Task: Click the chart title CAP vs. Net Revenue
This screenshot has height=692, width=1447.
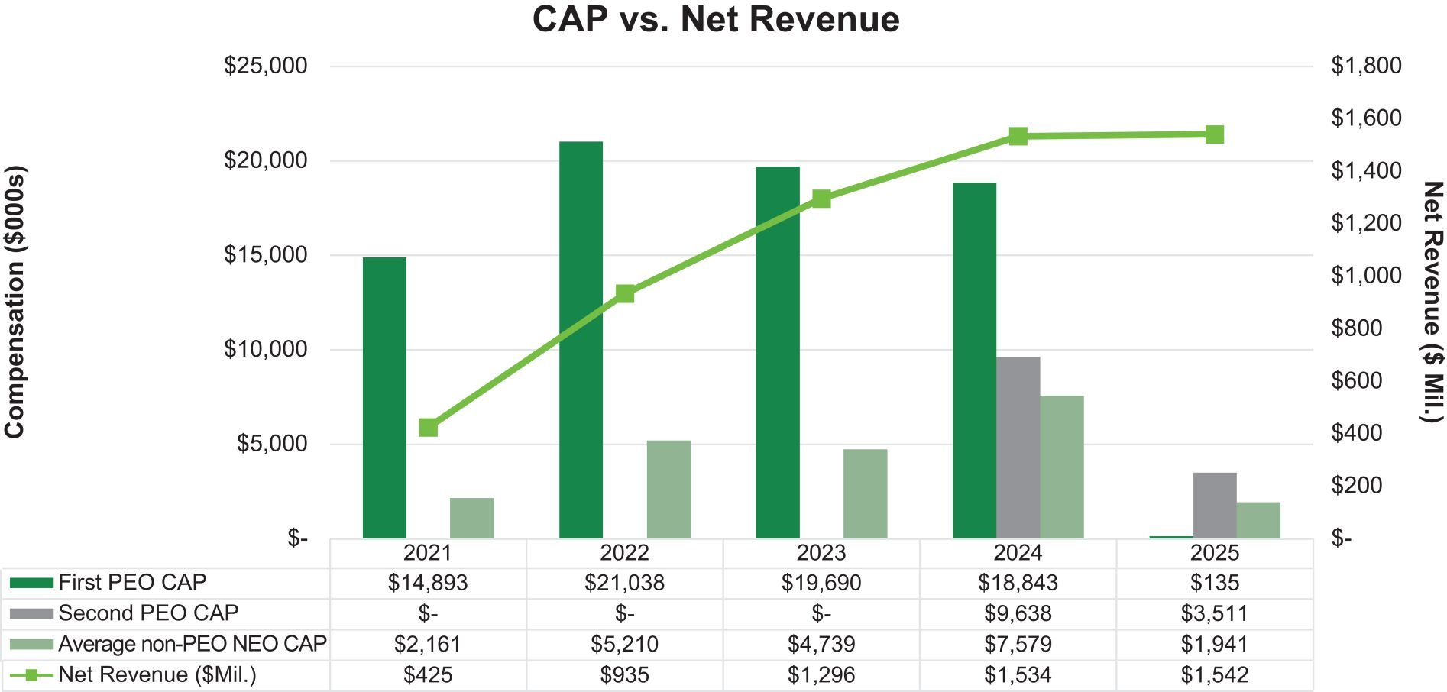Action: pos(716,20)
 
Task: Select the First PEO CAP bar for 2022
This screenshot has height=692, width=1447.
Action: pos(581,340)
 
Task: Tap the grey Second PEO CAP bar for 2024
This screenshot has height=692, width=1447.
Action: pos(1018,448)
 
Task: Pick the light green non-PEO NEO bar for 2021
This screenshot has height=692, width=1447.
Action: pos(471,518)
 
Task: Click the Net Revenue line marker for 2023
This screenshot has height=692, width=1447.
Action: pos(821,199)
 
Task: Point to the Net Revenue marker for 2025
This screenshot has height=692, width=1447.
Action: pos(1214,135)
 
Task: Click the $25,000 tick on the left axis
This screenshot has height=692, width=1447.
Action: pos(265,66)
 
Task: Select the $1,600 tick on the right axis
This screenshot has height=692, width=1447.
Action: pos(1366,118)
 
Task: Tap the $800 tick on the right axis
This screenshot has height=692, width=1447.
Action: pos(1356,328)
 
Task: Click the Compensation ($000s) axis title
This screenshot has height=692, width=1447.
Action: pos(15,302)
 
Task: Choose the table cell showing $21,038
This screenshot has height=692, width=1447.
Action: pos(624,584)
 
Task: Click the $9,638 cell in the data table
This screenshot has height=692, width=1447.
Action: pos(1018,614)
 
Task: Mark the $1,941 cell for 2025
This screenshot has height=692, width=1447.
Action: pos(1214,645)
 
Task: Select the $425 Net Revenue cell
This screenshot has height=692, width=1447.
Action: pos(428,675)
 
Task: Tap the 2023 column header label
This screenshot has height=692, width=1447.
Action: pos(821,553)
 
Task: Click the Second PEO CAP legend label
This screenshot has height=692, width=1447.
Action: pos(148,613)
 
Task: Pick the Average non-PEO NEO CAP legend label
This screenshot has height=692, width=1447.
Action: pos(192,644)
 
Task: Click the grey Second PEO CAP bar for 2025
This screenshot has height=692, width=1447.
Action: pos(1214,505)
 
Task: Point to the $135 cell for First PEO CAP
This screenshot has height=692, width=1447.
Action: pos(1214,584)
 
